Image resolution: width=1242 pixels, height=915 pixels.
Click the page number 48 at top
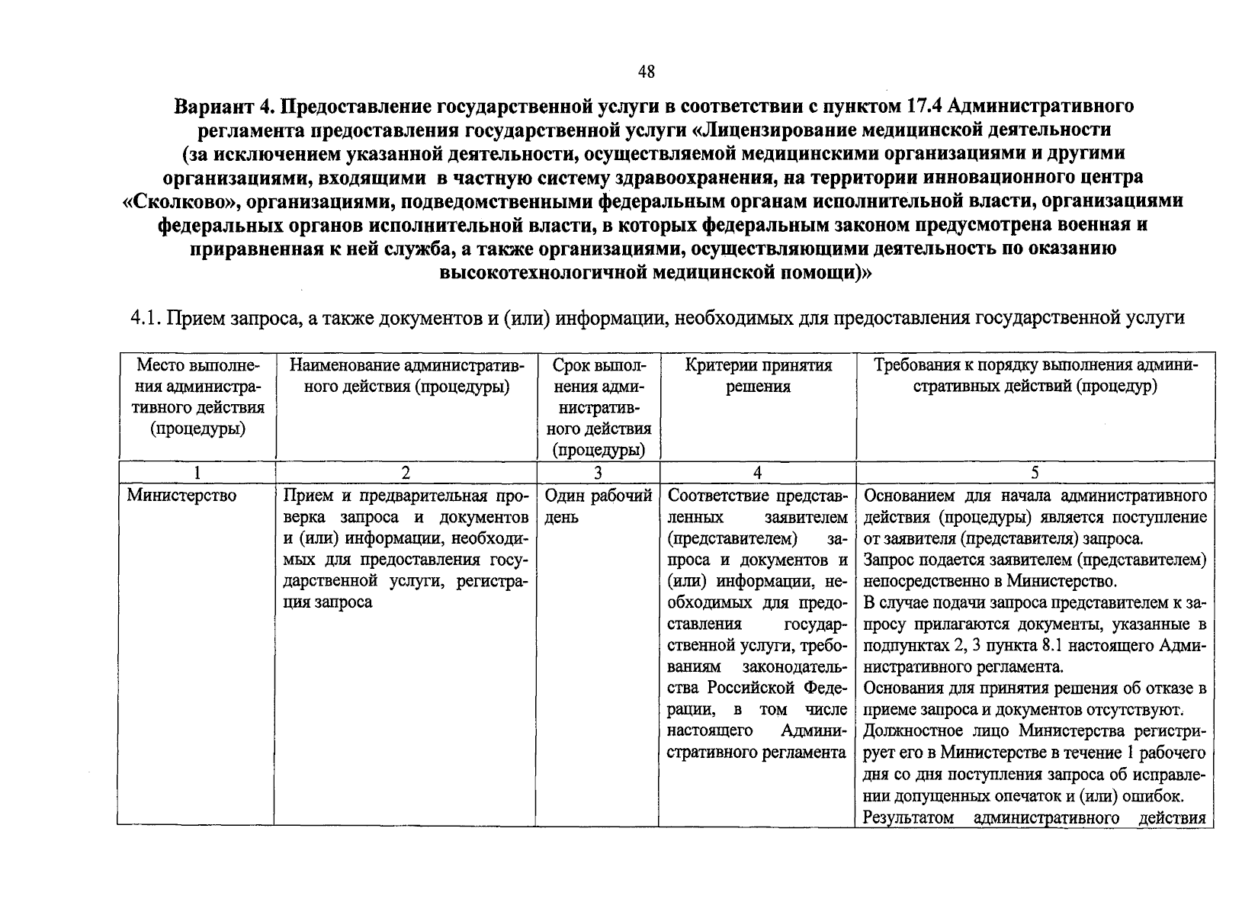coord(646,72)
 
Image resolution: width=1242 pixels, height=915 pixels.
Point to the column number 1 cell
coord(196,473)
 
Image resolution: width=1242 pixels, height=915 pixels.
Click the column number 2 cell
coord(406,473)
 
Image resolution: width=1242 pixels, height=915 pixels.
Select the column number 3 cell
coord(599,473)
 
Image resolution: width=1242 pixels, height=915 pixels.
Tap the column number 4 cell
coord(757,473)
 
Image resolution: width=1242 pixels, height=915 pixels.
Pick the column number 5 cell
coord(1035,473)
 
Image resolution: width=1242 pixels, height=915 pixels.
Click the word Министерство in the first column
coord(181,496)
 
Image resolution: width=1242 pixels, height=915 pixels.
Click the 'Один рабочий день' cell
coord(599,506)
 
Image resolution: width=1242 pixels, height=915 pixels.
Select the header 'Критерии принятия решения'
coord(757,375)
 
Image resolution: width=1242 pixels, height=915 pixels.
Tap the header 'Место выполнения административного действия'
coord(197,396)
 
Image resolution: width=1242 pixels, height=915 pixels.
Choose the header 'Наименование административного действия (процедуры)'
coord(406,375)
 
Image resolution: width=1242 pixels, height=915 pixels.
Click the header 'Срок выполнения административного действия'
coord(599,407)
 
